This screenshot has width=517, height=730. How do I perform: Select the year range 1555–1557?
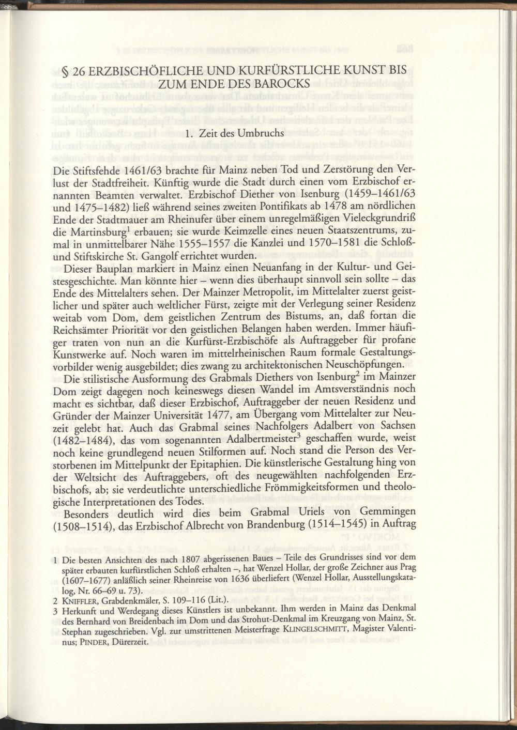click(214, 243)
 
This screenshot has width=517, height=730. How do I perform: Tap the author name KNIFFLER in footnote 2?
click(80, 601)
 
